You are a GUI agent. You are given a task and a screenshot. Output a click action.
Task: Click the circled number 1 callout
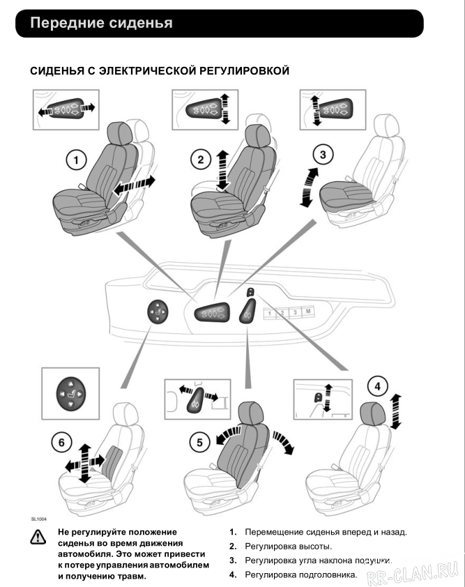click(75, 160)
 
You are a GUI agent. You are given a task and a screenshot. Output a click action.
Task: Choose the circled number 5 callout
click(199, 441)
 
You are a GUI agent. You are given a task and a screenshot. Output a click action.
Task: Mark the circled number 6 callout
click(62, 442)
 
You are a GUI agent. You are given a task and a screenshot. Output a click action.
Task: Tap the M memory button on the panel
click(309, 313)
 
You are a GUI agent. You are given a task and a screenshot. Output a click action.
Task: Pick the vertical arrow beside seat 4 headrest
click(395, 411)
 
